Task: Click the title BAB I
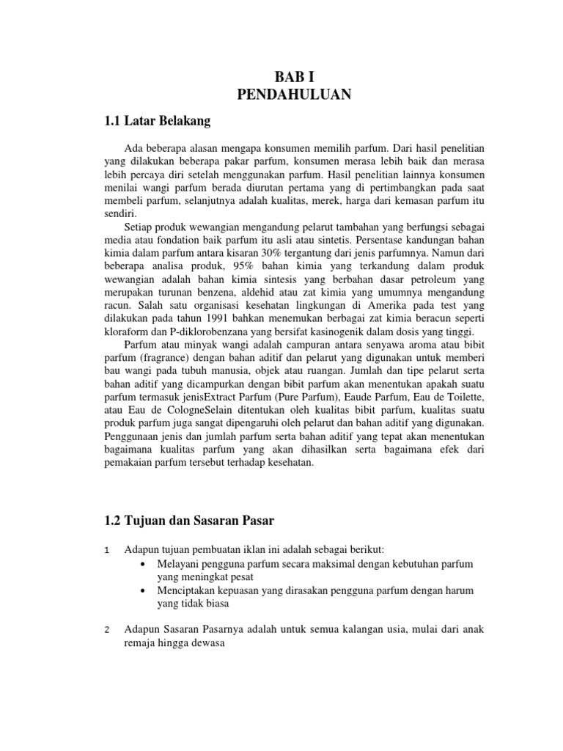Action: coord(294,76)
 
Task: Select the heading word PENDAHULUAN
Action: coord(294,94)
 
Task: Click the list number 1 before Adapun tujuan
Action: coord(107,550)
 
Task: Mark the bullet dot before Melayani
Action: coord(142,564)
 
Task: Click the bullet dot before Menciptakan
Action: coord(142,591)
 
